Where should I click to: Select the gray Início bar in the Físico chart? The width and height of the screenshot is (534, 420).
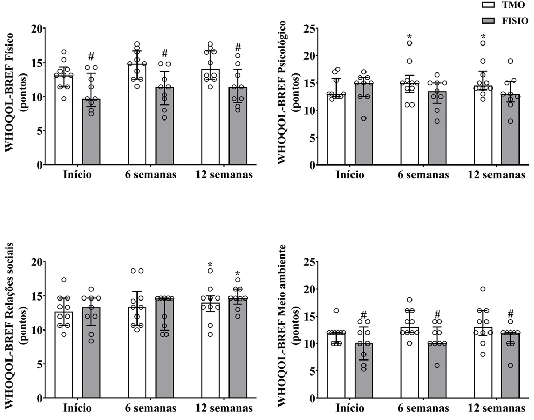[91, 132]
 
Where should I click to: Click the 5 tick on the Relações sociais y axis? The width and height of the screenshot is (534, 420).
[37, 364]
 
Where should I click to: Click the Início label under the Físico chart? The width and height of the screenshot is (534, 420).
[78, 175]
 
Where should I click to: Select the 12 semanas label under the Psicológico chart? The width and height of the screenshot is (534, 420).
[497, 175]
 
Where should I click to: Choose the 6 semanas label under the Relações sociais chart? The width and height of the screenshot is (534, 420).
[150, 408]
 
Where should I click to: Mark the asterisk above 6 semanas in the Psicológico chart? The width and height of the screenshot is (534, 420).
[409, 37]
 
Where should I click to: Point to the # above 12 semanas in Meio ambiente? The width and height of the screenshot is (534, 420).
[510, 313]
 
